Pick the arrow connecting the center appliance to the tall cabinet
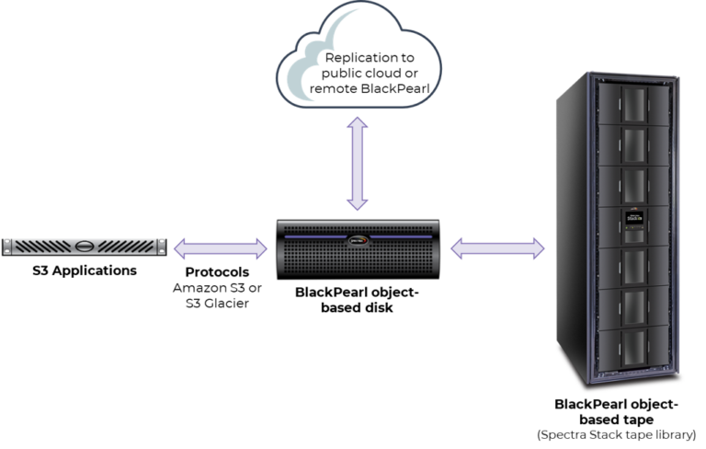click(x=497, y=247)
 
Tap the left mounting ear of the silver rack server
click(x=9, y=246)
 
